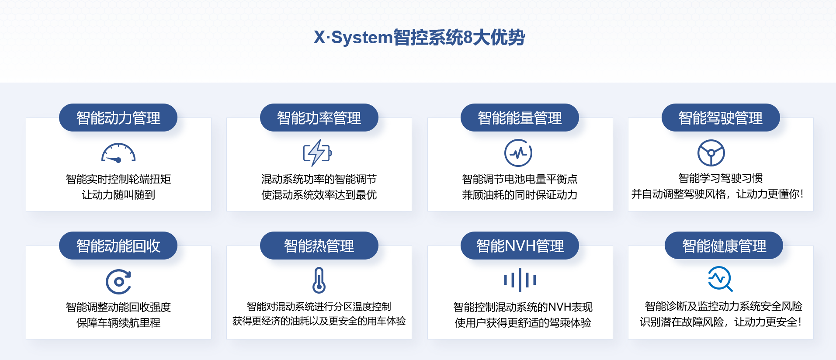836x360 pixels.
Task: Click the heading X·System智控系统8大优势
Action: point(419,37)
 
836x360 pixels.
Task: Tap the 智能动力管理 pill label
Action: point(118,118)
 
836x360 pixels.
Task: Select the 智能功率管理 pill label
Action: point(319,118)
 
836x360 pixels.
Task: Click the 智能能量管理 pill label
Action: point(520,118)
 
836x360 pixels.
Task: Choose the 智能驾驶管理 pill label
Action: point(721,118)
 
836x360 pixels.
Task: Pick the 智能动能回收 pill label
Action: point(118,246)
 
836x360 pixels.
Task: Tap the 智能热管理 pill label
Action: point(319,246)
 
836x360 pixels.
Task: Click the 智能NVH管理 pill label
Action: point(520,246)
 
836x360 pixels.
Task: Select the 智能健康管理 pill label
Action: point(724,246)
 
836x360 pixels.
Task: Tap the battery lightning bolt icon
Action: point(318,153)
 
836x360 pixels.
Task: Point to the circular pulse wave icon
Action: point(518,153)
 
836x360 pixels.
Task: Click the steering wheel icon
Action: point(711,153)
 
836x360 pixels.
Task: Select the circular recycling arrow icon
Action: point(118,282)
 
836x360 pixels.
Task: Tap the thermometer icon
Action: point(319,280)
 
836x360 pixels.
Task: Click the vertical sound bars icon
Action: point(520,280)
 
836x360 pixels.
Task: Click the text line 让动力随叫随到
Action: point(118,195)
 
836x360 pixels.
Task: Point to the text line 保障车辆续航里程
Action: point(118,323)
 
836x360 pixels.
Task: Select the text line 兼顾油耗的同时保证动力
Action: point(520,195)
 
